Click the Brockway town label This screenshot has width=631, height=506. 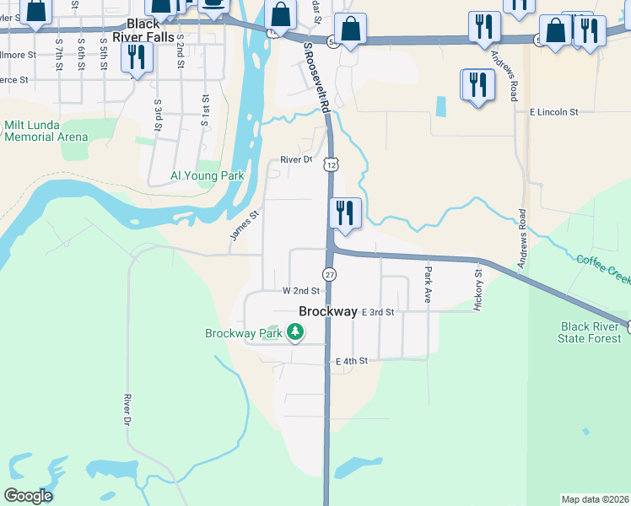click(328, 311)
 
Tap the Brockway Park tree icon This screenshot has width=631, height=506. click(294, 333)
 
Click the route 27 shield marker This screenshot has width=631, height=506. click(329, 275)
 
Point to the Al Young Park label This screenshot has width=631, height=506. click(207, 176)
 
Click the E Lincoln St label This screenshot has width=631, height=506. click(553, 111)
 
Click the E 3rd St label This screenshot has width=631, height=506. click(378, 312)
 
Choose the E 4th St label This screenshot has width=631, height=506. click(352, 361)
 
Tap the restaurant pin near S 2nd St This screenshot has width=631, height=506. click(135, 57)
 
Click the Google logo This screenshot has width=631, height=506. click(27, 496)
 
